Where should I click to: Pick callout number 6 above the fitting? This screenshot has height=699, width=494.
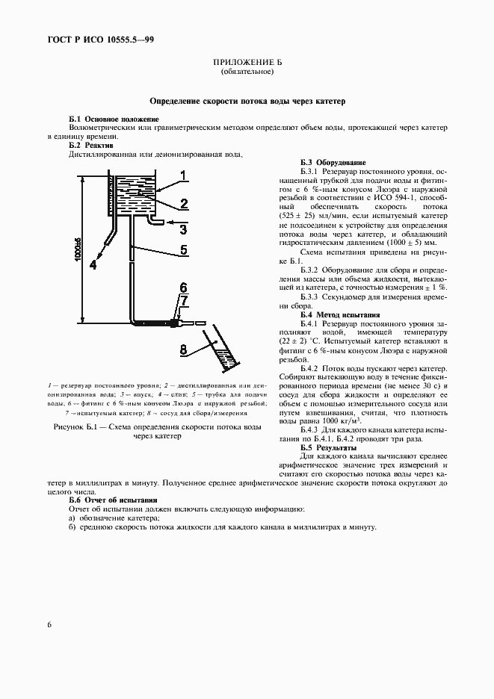tap(182, 286)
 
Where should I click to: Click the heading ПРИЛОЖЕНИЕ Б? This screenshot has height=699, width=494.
tap(247, 63)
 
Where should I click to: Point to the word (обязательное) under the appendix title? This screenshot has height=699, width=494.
tap(247, 72)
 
